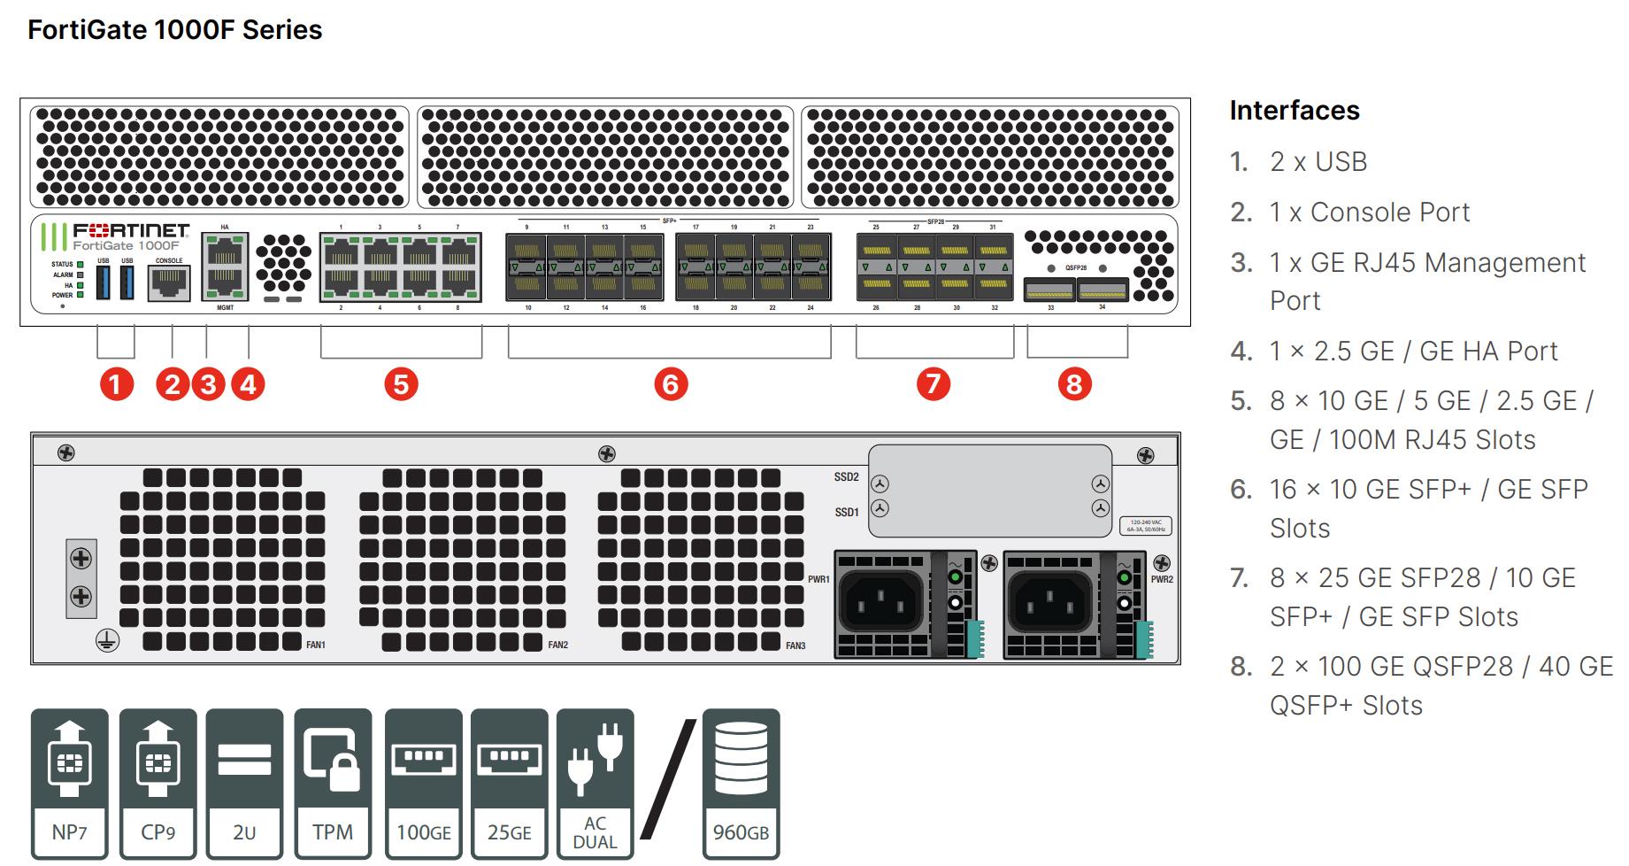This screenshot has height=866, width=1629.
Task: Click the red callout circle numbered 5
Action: click(401, 384)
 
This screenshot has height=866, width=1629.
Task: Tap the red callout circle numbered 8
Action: click(1074, 384)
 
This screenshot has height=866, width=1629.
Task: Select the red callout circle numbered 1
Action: click(116, 384)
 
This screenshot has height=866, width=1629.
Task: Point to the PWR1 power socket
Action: click(880, 603)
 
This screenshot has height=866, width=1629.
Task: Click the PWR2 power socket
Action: click(1049, 603)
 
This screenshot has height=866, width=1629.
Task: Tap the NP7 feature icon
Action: click(69, 784)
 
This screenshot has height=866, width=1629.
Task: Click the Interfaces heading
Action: click(1294, 111)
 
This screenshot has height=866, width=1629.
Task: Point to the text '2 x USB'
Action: click(1318, 162)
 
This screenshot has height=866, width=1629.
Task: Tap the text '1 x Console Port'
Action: click(1369, 213)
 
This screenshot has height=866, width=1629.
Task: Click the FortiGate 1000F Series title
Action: click(175, 30)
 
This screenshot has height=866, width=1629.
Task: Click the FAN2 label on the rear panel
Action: click(557, 645)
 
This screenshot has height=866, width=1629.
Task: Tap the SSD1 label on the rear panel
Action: click(846, 512)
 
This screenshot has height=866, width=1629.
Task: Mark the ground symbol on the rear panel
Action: click(107, 642)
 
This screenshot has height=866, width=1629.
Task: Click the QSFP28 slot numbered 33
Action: click(1049, 290)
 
